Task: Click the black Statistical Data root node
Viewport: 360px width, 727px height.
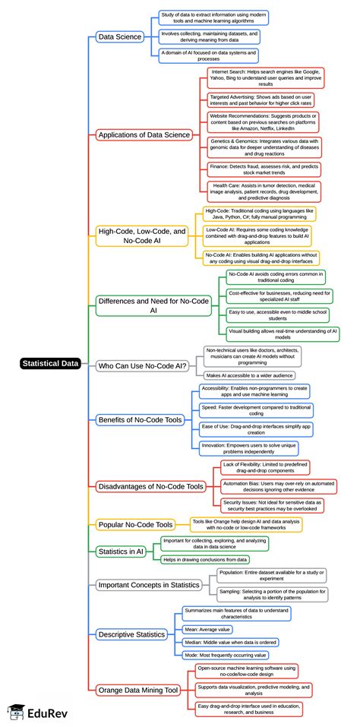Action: click(51, 363)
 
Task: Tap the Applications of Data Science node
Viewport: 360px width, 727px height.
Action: click(144, 134)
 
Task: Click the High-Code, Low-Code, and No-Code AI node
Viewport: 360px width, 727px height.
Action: click(141, 235)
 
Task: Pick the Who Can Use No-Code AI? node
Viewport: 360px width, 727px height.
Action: click(143, 366)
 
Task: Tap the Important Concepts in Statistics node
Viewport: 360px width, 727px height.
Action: click(149, 584)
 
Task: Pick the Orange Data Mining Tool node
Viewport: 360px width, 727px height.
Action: click(137, 690)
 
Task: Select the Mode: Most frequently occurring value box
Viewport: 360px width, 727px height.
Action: click(226, 654)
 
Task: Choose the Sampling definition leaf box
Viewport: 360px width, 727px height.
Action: click(272, 596)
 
